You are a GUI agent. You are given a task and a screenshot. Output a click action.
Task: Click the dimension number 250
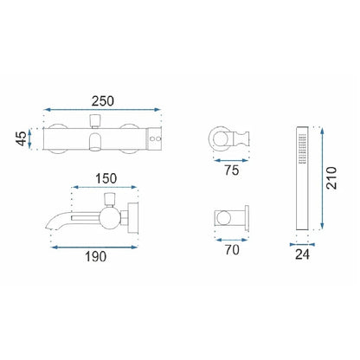(103, 101)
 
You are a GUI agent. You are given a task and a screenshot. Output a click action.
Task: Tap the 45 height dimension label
(21, 138)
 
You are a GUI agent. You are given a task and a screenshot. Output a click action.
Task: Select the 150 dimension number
(106, 178)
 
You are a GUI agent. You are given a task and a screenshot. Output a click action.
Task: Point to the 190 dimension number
(95, 256)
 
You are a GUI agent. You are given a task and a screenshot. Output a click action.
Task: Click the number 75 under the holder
(232, 170)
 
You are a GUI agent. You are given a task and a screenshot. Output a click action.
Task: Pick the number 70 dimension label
(232, 250)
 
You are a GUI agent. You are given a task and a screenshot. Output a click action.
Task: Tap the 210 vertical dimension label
(331, 178)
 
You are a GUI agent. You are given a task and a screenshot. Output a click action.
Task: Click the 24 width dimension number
(302, 254)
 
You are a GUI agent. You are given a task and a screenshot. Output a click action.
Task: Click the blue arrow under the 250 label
(102, 110)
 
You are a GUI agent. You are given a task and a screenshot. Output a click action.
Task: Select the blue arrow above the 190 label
(94, 247)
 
